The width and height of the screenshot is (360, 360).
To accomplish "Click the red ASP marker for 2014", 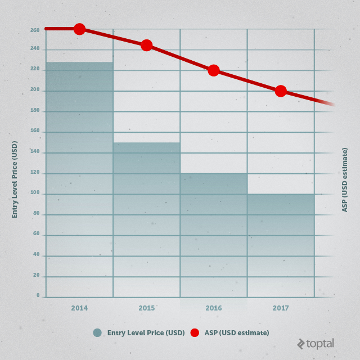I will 79,29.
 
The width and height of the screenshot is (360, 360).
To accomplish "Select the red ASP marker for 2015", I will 146,45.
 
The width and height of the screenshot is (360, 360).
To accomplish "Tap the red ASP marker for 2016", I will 213,70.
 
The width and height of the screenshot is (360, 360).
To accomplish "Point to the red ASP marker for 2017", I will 281,91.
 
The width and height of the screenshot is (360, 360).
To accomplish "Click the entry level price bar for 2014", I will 79,180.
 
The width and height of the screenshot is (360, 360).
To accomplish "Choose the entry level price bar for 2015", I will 146,219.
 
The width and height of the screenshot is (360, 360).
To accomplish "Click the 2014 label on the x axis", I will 79,308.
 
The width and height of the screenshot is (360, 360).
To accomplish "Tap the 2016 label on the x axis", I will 213,308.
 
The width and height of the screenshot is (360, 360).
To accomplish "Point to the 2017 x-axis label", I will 281,308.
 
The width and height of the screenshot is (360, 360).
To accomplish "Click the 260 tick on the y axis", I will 35,30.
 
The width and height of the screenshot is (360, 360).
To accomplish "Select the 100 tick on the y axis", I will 35,193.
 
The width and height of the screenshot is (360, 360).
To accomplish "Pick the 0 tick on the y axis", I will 38,295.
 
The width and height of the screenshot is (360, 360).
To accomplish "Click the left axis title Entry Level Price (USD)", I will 15,179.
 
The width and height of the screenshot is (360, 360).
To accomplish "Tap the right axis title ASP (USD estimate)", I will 344,179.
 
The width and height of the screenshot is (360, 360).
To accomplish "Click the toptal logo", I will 316,343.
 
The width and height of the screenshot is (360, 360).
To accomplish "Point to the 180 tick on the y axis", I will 35,111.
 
